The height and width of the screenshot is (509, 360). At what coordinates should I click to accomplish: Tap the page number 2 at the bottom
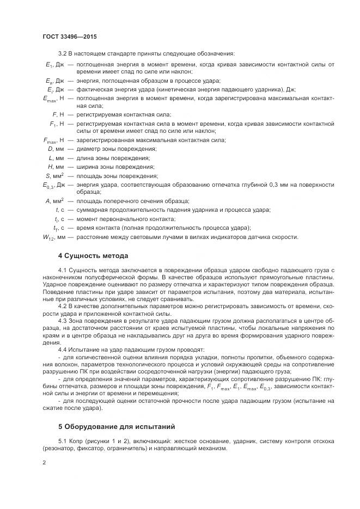pos(44,463)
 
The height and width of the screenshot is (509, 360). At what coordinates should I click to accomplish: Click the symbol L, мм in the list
pos(57,158)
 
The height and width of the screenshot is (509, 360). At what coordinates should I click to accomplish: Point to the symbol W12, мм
pos(54,237)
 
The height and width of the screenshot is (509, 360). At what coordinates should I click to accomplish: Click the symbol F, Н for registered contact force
pos(58,115)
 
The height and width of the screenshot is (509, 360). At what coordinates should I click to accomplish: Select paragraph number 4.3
pos(63,321)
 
